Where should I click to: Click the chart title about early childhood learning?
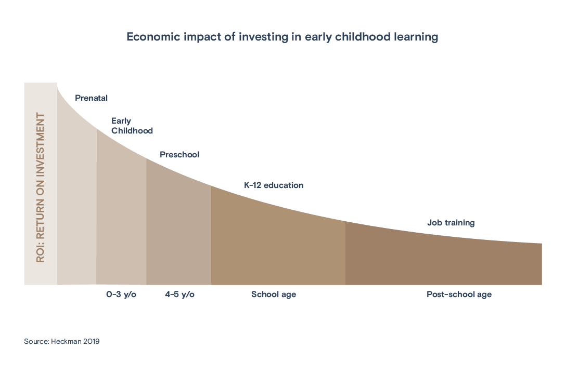[282, 37]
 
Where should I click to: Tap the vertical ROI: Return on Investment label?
[40, 187]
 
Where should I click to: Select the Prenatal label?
[92, 98]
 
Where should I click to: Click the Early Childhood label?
[132, 126]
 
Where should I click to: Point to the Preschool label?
[179, 155]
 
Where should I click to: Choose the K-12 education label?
[274, 185]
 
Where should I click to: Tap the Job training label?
[451, 223]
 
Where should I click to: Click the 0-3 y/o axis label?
[121, 294]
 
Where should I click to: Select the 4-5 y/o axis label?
[179, 294]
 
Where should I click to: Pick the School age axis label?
[274, 294]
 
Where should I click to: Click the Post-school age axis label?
[459, 294]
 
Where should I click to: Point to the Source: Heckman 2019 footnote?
[61, 342]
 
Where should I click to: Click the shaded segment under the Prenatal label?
[76, 208]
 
